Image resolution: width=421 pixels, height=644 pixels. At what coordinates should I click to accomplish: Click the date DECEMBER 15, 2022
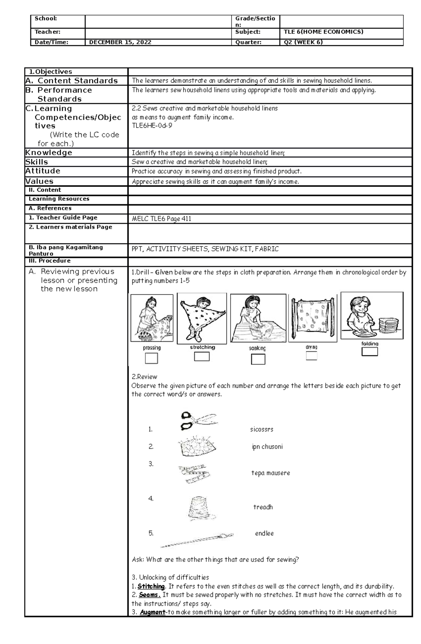[x=120, y=42]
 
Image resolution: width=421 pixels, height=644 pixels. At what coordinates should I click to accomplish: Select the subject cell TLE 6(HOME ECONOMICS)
[x=323, y=32]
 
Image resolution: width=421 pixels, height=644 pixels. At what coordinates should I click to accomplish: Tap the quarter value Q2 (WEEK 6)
[x=303, y=42]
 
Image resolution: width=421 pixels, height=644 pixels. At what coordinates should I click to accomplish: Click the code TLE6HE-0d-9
[x=152, y=126]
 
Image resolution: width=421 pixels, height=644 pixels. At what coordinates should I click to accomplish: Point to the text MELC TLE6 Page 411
[x=161, y=219]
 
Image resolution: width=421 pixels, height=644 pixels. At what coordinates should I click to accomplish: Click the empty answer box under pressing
[x=151, y=358]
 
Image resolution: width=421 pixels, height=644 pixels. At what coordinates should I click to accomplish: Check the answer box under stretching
[x=202, y=357]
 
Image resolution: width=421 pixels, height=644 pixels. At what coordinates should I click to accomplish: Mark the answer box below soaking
[x=258, y=359]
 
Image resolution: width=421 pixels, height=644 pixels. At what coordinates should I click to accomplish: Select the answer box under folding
[x=370, y=352]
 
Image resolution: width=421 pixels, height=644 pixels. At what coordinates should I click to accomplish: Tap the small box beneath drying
[x=312, y=356]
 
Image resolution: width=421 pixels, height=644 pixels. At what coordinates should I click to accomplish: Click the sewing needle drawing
[x=196, y=540]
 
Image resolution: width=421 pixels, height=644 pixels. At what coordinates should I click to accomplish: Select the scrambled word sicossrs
[x=261, y=429]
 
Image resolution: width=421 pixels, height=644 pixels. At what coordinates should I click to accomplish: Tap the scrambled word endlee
[x=264, y=533]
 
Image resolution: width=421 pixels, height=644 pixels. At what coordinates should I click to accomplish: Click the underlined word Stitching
[x=151, y=586]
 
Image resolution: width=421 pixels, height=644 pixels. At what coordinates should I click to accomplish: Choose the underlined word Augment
[x=153, y=612]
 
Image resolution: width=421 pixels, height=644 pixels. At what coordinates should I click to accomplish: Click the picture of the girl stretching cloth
[x=202, y=318]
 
